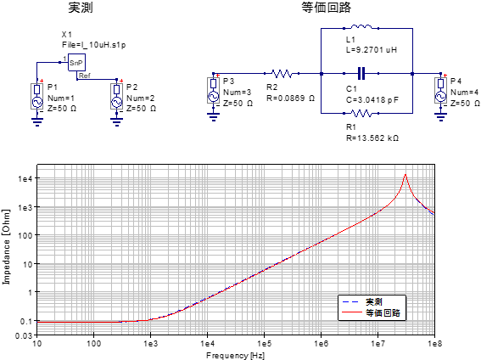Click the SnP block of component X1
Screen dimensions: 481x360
pyautogui.click(x=76, y=62)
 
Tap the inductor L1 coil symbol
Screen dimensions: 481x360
pyautogui.click(x=361, y=26)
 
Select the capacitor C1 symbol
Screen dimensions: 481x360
pyautogui.click(x=361, y=74)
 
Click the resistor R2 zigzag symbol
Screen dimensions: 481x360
pyautogui.click(x=282, y=74)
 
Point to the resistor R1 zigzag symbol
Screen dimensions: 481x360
pyautogui.click(x=361, y=113)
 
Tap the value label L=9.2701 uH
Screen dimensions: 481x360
pyautogui.click(x=372, y=50)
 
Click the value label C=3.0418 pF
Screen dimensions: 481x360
pyautogui.click(x=372, y=100)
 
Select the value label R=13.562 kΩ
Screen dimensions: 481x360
pyautogui.click(x=372, y=138)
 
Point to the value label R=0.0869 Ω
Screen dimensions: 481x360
pyautogui.click(x=290, y=98)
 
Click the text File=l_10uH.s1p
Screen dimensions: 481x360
pyautogui.click(x=94, y=45)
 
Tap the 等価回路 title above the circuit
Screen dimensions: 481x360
pyautogui.click(x=326, y=8)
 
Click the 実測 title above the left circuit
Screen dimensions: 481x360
pyautogui.click(x=81, y=8)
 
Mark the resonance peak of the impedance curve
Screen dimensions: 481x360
pyautogui.click(x=405, y=175)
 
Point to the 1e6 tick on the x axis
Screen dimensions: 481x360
pyautogui.click(x=321, y=343)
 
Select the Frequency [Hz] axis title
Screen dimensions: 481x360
pyautogui.click(x=235, y=356)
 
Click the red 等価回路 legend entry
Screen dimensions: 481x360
pyautogui.click(x=372, y=312)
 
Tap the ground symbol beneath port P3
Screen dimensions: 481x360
pyautogui.click(x=214, y=117)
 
